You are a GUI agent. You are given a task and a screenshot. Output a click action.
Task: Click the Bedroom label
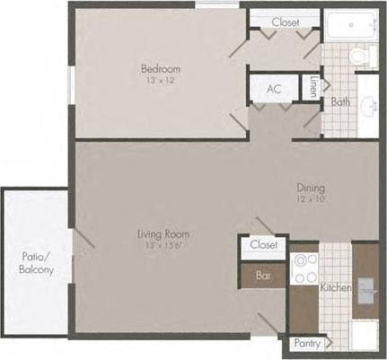[x=161, y=69]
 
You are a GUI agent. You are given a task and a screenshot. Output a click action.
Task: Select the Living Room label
[x=163, y=235]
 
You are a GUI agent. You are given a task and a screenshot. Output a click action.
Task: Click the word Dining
[x=311, y=189]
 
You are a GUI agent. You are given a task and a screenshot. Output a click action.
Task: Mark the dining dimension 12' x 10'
[x=311, y=199]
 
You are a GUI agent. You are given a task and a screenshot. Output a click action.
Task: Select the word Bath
[x=340, y=101]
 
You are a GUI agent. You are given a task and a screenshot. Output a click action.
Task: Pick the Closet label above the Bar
[x=262, y=244]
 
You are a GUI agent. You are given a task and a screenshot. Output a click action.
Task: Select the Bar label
[x=263, y=277]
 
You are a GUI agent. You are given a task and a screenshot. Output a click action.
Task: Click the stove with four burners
[x=304, y=268]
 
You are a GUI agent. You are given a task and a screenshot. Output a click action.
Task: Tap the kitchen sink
[x=366, y=287]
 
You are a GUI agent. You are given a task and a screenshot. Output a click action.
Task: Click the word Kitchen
[x=335, y=287]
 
